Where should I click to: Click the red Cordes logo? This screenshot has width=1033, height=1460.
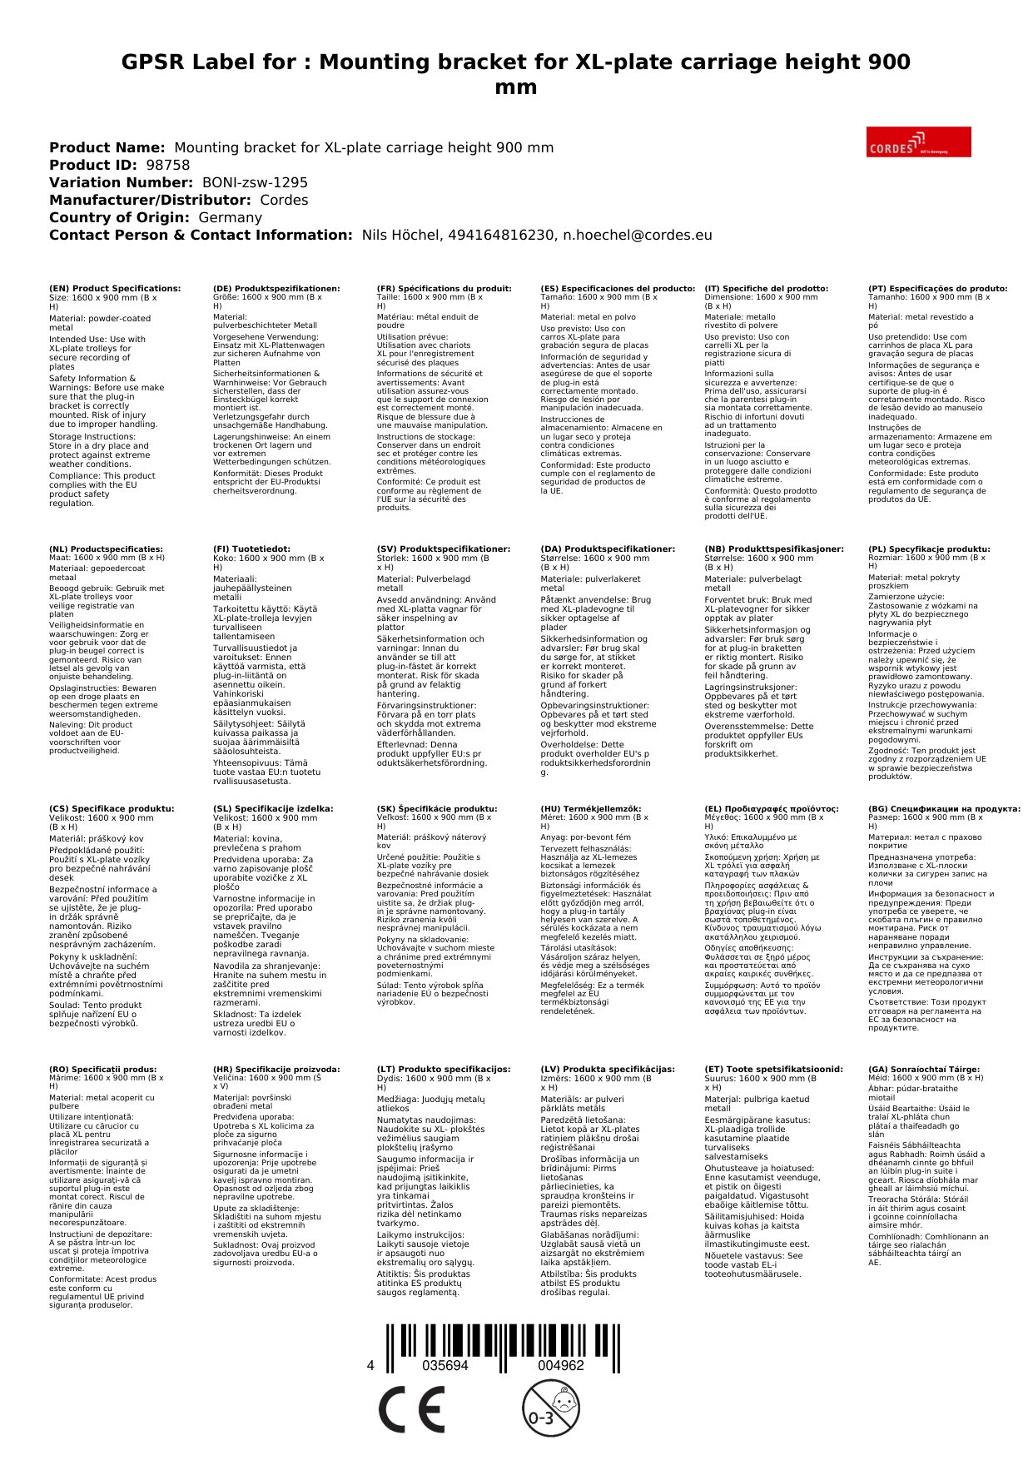click(x=918, y=142)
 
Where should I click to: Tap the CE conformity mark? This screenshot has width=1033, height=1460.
click(x=411, y=1409)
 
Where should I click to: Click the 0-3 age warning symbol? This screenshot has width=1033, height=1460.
click(x=550, y=1408)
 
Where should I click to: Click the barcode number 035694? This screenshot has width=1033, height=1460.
click(x=445, y=1365)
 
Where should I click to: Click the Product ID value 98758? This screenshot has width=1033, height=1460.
click(x=167, y=165)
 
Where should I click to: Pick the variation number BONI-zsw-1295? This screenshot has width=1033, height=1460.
click(x=255, y=182)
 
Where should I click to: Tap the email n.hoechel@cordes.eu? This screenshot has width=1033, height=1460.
click(x=638, y=235)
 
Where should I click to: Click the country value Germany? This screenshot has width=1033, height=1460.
click(x=230, y=217)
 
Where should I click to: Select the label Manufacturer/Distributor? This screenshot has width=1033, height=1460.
click(x=150, y=200)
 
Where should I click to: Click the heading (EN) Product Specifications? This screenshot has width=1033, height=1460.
click(x=115, y=289)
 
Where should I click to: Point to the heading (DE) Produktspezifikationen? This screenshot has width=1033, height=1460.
click(x=276, y=289)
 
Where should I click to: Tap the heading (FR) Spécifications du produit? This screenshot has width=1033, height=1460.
click(x=444, y=289)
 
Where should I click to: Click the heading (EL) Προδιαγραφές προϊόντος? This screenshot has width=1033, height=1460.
click(x=772, y=808)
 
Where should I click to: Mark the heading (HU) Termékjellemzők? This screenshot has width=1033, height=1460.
click(x=591, y=808)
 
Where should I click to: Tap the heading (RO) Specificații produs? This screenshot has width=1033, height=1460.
click(x=102, y=1069)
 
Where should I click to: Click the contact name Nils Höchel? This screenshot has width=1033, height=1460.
click(x=400, y=235)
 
